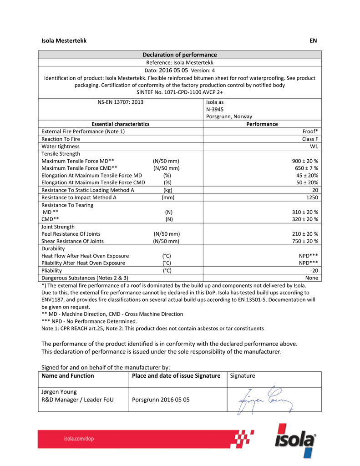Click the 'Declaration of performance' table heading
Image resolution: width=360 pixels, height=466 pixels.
tap(180, 55)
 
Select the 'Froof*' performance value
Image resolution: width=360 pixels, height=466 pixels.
tap(310, 132)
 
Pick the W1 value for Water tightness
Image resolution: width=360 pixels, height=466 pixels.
tap(313, 147)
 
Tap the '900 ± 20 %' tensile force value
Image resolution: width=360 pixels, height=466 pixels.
tap(304, 161)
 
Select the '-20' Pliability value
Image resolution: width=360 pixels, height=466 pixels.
tap(313, 270)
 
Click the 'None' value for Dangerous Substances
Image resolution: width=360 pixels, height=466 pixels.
tap(311, 278)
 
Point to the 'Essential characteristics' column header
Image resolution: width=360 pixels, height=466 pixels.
tap(120, 124)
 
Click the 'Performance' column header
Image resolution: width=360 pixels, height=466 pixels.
tap(262, 124)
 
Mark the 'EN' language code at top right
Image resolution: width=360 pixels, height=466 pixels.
tap(313, 41)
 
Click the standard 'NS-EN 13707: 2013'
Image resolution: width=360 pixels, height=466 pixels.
tap(120, 102)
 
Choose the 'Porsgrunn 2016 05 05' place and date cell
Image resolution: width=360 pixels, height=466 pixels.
tap(160, 400)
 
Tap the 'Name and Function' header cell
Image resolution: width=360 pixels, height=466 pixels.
tap(68, 376)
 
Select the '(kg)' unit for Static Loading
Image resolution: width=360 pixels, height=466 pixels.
tap(167, 190)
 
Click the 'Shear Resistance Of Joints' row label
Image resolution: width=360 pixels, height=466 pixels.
tap(72, 241)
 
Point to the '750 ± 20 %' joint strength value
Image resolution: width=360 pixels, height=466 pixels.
tap(304, 241)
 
